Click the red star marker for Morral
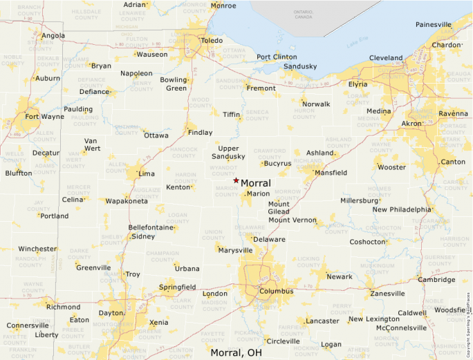236,180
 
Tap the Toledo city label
212,41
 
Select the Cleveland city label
386,57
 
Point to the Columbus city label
277,291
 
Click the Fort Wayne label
45,116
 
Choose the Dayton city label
111,313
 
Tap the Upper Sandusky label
228,153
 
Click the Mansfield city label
331,173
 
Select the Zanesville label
387,293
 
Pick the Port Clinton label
277,57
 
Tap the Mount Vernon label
292,220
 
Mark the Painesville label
434,24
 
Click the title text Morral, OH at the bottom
236,352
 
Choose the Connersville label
28,325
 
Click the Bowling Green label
174,84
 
